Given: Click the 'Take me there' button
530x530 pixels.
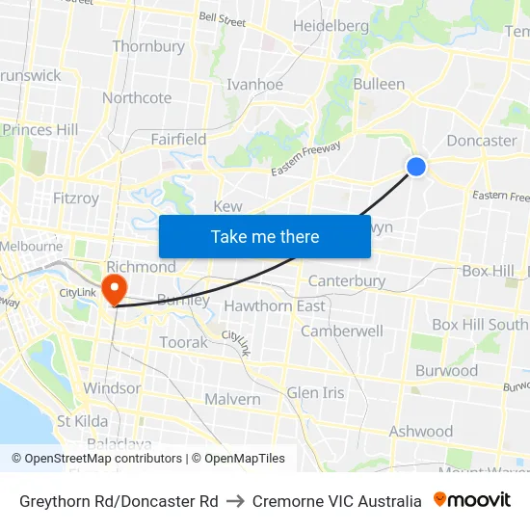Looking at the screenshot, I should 265,236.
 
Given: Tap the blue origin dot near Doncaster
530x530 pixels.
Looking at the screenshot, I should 416,167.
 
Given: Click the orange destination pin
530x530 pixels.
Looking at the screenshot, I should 114,287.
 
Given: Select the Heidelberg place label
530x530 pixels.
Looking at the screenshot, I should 331,26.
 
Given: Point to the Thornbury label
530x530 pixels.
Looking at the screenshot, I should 148,46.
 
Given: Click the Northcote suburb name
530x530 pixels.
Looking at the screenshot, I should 137,97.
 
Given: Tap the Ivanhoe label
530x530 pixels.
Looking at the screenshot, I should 254,85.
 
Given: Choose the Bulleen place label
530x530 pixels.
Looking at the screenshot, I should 379,84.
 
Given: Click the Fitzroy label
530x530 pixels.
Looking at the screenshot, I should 76,199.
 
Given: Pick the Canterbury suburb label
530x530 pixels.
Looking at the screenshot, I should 347,281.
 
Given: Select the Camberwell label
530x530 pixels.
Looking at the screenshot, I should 342,331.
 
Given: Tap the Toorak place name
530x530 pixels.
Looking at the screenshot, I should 183,342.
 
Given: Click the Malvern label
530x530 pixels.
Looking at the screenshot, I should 232,399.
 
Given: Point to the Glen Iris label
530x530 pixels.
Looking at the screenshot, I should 315,392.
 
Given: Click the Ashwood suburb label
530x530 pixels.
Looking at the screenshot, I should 420,431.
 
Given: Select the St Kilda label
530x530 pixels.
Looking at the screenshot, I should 83,421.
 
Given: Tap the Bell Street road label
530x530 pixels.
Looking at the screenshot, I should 222,17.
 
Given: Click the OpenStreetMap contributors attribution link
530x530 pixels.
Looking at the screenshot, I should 103,459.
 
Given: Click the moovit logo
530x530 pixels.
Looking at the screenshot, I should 471,500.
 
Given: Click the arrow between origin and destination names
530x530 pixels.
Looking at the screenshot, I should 235,501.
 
